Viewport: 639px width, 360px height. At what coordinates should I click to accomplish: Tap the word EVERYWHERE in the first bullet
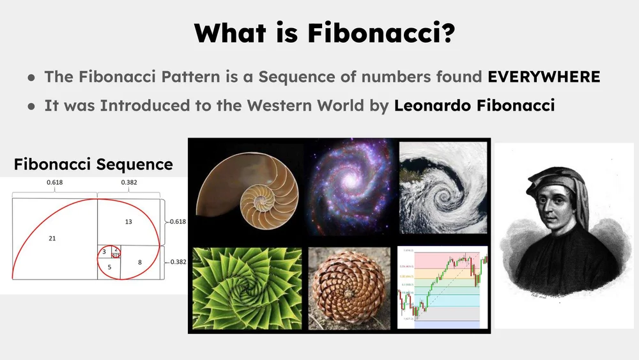click(x=544, y=77)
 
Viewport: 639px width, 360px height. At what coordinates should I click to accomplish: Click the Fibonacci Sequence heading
click(x=93, y=164)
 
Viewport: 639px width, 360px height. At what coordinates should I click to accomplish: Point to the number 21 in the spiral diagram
click(x=52, y=238)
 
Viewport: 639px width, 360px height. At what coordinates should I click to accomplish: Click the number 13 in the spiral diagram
click(x=128, y=221)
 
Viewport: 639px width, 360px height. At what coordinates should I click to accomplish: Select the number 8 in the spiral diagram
click(x=139, y=262)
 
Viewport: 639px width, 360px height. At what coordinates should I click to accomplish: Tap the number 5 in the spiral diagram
click(x=110, y=267)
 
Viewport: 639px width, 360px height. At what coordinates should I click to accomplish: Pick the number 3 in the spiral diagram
click(x=104, y=252)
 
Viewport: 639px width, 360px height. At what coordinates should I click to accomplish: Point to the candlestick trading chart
click(x=443, y=286)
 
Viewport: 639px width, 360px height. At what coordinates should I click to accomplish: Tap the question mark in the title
click(x=447, y=33)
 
